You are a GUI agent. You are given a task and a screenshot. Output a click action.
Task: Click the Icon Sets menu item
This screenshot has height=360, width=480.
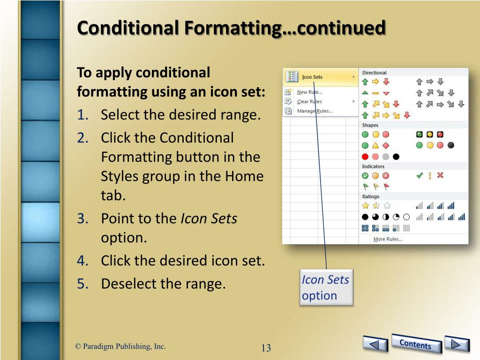tap(312, 77)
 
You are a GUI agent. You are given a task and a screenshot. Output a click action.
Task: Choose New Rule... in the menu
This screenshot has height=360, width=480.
tap(309, 92)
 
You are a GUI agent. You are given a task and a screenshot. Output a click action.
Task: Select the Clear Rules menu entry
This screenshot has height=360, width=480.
tap(309, 102)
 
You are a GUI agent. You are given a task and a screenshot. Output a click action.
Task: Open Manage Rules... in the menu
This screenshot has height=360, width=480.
tap(315, 111)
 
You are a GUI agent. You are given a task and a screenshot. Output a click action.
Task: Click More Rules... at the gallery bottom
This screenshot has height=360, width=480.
tap(388, 239)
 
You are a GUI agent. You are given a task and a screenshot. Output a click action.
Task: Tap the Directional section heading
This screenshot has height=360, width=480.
tap(374, 73)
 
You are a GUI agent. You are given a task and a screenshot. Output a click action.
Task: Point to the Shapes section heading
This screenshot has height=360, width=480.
tap(370, 125)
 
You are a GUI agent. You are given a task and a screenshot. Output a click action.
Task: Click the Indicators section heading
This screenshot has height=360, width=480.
tap(373, 166)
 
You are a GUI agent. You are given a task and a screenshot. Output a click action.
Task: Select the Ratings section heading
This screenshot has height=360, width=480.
tap(371, 196)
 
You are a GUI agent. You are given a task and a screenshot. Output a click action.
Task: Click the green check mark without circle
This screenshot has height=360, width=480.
tap(420, 176)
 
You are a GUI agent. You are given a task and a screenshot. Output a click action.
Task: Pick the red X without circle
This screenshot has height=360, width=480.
tap(440, 176)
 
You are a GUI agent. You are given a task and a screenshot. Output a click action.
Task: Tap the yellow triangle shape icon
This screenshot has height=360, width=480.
tap(375, 146)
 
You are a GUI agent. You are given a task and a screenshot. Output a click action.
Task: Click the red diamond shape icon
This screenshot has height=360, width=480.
tap(386, 146)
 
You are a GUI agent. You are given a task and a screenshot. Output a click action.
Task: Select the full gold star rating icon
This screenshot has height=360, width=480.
tap(366, 205)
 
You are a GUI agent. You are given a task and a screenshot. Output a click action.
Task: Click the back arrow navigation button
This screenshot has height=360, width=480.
tap(375, 345)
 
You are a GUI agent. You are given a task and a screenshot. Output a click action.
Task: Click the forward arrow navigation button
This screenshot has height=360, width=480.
tap(457, 344)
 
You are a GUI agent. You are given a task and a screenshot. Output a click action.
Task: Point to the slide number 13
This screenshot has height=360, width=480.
tap(266, 348)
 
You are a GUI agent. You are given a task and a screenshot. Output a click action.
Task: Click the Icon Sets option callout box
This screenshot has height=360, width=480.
tap(326, 288)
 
